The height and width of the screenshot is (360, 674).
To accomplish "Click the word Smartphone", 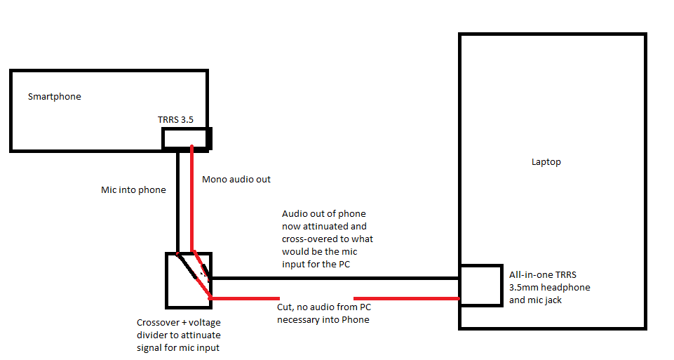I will click(54, 97).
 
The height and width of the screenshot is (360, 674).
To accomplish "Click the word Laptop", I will click(546, 162).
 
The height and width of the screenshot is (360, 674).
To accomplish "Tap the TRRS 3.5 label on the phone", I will click(175, 120).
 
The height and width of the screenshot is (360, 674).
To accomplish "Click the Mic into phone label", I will click(133, 189).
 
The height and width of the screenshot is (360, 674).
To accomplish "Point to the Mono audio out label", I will click(236, 180).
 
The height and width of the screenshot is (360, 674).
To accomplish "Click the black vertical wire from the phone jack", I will click(177, 204).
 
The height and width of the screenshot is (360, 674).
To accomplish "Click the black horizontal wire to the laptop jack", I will click(337, 278).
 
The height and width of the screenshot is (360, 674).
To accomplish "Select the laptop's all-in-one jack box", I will click(480, 285).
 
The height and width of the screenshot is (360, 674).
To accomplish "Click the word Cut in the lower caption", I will click(285, 307).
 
